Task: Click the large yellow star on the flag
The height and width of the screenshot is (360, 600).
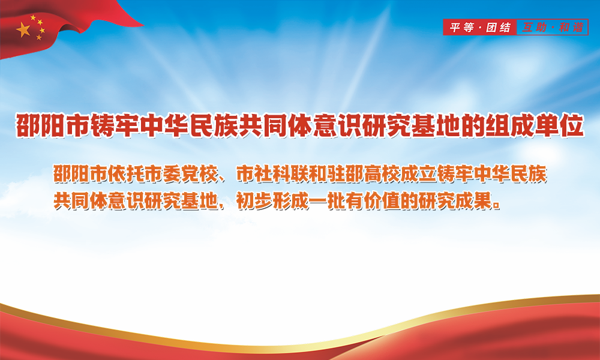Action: pyautogui.click(x=23, y=29)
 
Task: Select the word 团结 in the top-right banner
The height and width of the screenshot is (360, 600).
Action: pyautogui.click(x=498, y=28)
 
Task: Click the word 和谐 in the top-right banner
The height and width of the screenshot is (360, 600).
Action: pyautogui.click(x=571, y=28)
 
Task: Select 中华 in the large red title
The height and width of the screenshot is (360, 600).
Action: pyautogui.click(x=164, y=125)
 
